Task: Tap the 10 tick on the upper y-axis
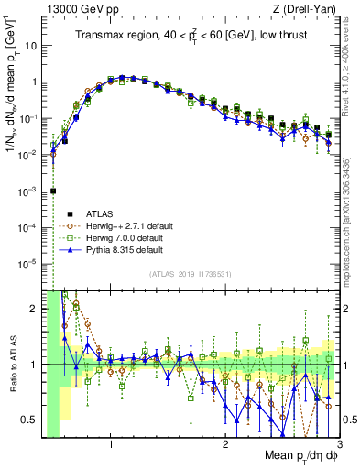point(30,45)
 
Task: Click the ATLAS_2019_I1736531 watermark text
point(191,275)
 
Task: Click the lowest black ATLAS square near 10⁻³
point(53,191)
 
